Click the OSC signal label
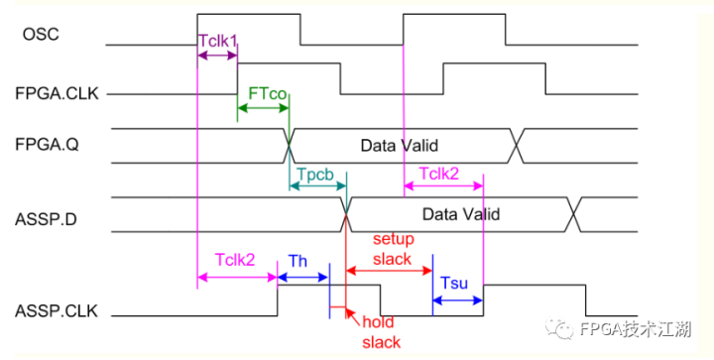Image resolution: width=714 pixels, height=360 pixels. (x=41, y=36)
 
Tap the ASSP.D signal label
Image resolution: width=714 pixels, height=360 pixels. (x=48, y=212)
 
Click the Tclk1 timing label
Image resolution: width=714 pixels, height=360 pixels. (x=218, y=42)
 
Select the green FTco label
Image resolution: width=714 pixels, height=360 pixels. (x=268, y=93)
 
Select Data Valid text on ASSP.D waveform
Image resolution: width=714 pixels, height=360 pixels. (x=460, y=213)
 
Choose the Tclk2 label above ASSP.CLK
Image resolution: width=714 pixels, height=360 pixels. (x=235, y=259)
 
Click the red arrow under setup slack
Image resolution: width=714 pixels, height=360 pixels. (x=388, y=269)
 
